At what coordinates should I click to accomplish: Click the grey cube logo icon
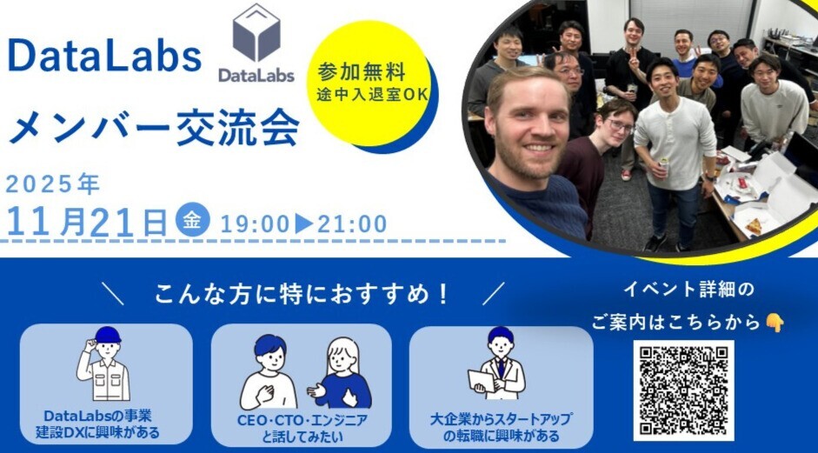click(x=256, y=32)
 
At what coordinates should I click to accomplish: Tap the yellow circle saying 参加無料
click(x=369, y=83)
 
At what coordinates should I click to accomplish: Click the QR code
click(x=683, y=390)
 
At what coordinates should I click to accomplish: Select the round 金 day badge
click(x=192, y=219)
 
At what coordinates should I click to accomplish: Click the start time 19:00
click(x=255, y=224)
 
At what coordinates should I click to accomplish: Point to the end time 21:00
click(x=352, y=224)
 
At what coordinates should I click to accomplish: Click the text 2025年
click(x=53, y=184)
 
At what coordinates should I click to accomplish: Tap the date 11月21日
click(x=87, y=222)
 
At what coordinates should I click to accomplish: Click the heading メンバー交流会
click(x=155, y=129)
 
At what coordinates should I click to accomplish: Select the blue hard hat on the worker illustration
click(x=108, y=335)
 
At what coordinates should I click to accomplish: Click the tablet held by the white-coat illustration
click(x=481, y=381)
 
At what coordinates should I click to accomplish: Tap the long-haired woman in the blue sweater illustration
click(x=341, y=373)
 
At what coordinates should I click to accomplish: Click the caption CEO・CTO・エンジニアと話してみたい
click(x=302, y=428)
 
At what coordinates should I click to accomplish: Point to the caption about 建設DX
click(x=97, y=423)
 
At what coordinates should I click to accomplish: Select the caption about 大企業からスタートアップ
click(x=501, y=427)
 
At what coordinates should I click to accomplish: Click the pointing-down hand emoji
click(x=775, y=323)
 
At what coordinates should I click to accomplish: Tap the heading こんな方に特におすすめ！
click(x=302, y=294)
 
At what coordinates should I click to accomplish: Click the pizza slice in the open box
click(x=754, y=226)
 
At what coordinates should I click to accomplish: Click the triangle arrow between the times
click(x=304, y=223)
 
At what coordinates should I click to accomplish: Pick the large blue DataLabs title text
click(x=104, y=57)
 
